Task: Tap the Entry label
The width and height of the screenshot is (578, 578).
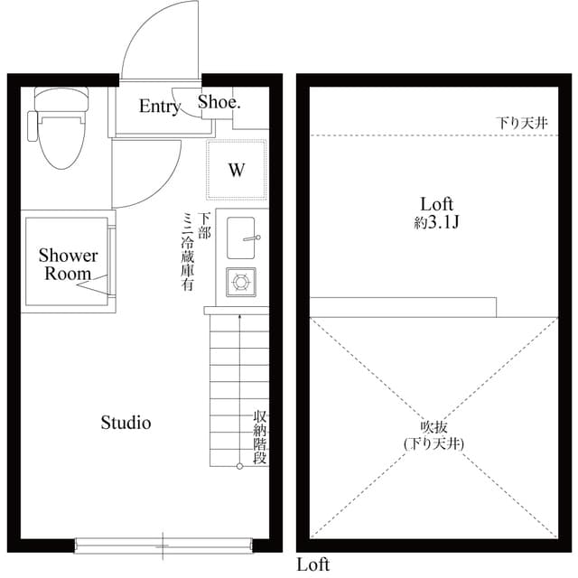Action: (x=159, y=107)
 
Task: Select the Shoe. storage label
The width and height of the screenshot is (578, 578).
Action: (x=219, y=102)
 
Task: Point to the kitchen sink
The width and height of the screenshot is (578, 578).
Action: (x=241, y=238)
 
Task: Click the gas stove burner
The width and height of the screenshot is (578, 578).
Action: (x=241, y=283)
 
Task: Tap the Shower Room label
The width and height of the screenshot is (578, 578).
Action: (x=68, y=265)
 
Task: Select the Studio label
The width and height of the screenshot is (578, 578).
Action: (x=126, y=422)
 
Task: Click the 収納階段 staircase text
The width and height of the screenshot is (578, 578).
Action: (x=260, y=437)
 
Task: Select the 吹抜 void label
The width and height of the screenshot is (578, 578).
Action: (x=433, y=425)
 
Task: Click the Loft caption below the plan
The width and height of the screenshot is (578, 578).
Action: (x=313, y=565)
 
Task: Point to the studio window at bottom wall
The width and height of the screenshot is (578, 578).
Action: (x=163, y=544)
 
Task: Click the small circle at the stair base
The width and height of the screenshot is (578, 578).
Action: (x=239, y=466)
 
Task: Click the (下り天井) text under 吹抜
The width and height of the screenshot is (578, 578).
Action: (x=433, y=443)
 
